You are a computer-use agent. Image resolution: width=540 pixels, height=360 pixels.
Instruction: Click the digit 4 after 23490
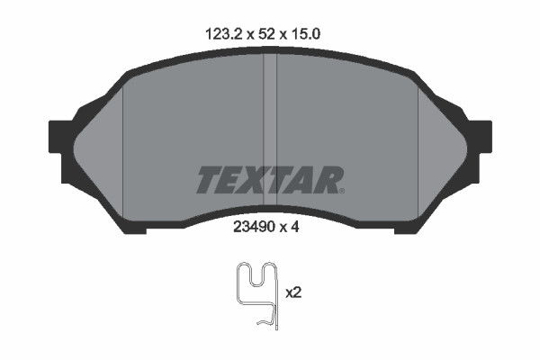point(292,229)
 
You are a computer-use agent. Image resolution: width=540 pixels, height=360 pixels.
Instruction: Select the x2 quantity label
point(292,293)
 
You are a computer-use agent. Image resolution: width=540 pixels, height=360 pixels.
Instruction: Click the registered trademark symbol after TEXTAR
point(342,190)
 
